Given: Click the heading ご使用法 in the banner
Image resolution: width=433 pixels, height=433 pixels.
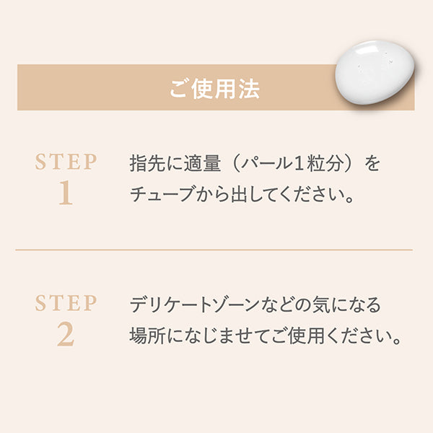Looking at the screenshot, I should click(x=214, y=88).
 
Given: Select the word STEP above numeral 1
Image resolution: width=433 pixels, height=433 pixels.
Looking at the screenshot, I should click(x=66, y=162).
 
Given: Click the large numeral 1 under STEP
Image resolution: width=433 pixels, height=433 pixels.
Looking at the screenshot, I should click(x=66, y=194).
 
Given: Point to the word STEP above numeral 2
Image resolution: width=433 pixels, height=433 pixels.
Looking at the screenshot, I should click(x=66, y=303).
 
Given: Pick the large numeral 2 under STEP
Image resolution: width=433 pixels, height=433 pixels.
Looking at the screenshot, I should click(x=66, y=335).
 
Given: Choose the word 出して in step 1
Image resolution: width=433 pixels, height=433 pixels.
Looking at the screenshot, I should click(x=243, y=196).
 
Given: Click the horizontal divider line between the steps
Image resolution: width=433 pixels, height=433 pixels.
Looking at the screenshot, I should click(x=214, y=250).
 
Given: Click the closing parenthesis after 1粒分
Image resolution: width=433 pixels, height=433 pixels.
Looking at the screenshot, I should click(x=351, y=163).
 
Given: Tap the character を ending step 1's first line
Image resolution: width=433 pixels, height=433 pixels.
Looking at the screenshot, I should click(x=372, y=163).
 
